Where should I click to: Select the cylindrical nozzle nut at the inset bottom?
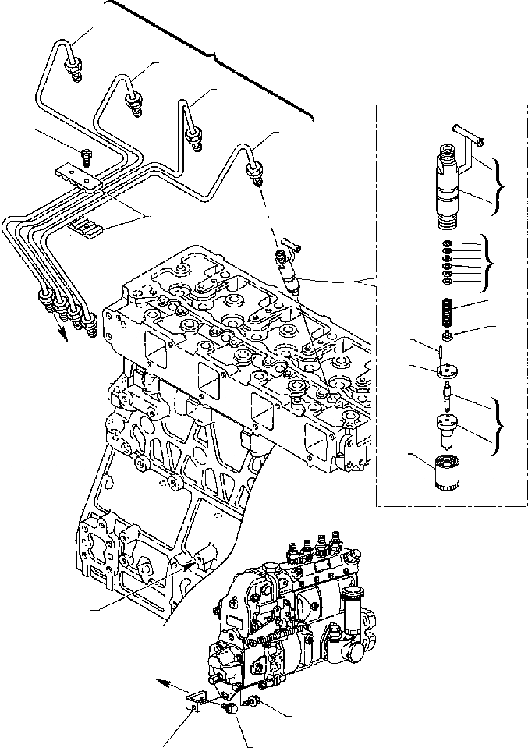[445, 473]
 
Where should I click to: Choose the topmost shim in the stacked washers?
[446, 244]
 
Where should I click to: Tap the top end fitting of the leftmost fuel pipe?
[75, 73]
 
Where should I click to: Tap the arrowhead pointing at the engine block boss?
[187, 562]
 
